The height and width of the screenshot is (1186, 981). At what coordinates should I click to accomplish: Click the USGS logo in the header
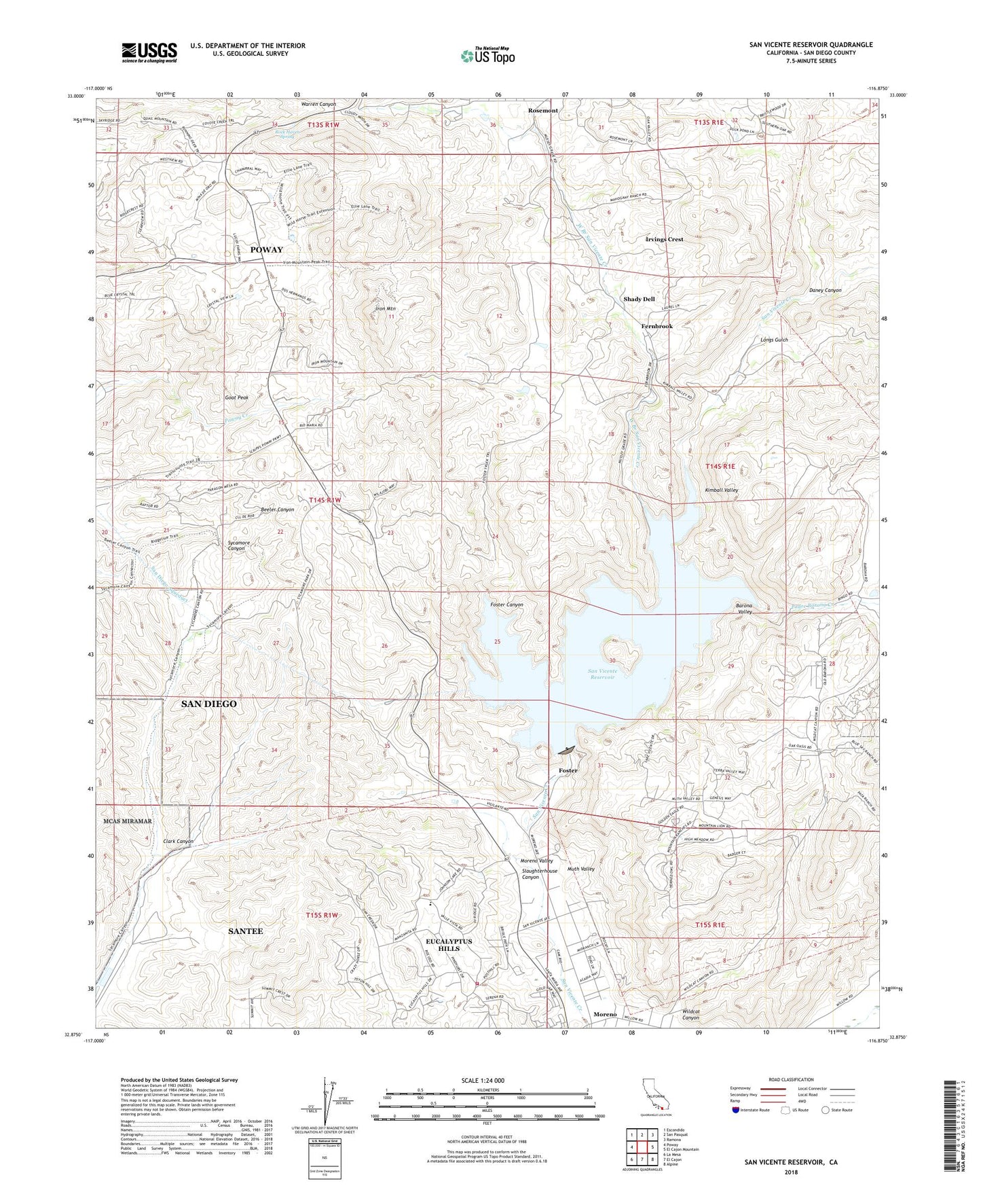[149, 52]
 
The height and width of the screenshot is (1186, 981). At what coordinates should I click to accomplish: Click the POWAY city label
[266, 249]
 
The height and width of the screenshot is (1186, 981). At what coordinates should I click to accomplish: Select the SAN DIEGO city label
[209, 704]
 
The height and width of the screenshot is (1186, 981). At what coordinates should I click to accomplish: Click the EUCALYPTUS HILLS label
[448, 945]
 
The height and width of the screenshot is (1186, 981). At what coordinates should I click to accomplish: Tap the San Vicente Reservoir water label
[602, 674]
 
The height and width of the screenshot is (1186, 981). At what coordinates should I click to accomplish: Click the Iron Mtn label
[386, 309]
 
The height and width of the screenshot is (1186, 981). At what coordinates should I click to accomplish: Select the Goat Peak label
[237, 397]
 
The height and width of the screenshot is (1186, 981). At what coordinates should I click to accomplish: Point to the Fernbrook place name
[656, 327]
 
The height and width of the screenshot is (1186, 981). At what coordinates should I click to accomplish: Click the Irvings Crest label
[664, 239]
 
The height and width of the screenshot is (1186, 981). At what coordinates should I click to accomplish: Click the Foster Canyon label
[506, 605]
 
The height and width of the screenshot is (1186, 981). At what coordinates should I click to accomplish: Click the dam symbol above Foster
[567, 751]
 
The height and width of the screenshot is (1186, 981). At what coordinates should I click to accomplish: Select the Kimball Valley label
[721, 490]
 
